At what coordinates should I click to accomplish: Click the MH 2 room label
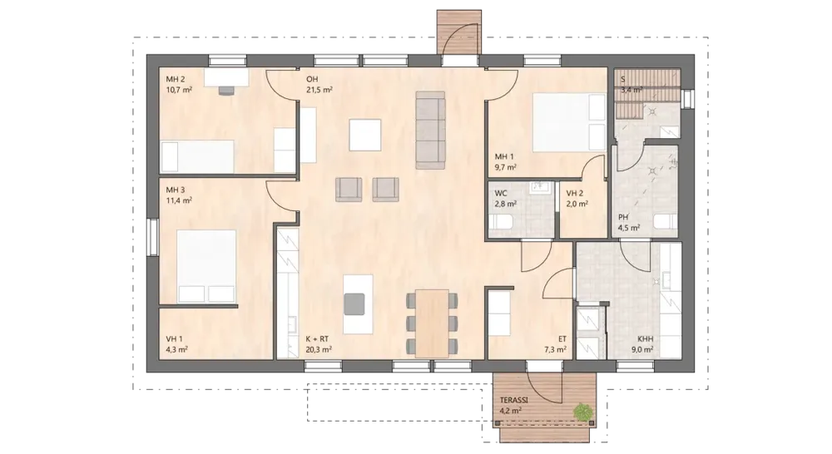pyautogui.click(x=176, y=80)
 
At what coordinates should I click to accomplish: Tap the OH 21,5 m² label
pyautogui.click(x=319, y=85)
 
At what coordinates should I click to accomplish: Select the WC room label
pyautogui.click(x=500, y=194)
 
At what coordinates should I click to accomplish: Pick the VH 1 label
pyautogui.click(x=175, y=339)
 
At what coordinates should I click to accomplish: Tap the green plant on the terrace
pyautogui.click(x=583, y=411)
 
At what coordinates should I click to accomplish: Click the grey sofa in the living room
pyautogui.click(x=430, y=130)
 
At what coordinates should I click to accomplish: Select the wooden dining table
pyautogui.click(x=433, y=323)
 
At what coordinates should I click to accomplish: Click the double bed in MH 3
pyautogui.click(x=206, y=266)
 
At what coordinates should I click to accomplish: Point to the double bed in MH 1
pyautogui.click(x=569, y=122)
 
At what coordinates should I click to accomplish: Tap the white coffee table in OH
pyautogui.click(x=365, y=136)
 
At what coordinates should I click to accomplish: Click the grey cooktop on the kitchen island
pyautogui.click(x=354, y=303)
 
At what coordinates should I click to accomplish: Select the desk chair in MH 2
pyautogui.click(x=226, y=90)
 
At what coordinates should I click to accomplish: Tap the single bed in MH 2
pyautogui.click(x=197, y=156)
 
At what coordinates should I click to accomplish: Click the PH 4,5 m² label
pyautogui.click(x=629, y=223)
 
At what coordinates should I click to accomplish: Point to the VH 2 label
pyautogui.click(x=575, y=194)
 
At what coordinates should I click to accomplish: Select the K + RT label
pyautogui.click(x=317, y=339)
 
